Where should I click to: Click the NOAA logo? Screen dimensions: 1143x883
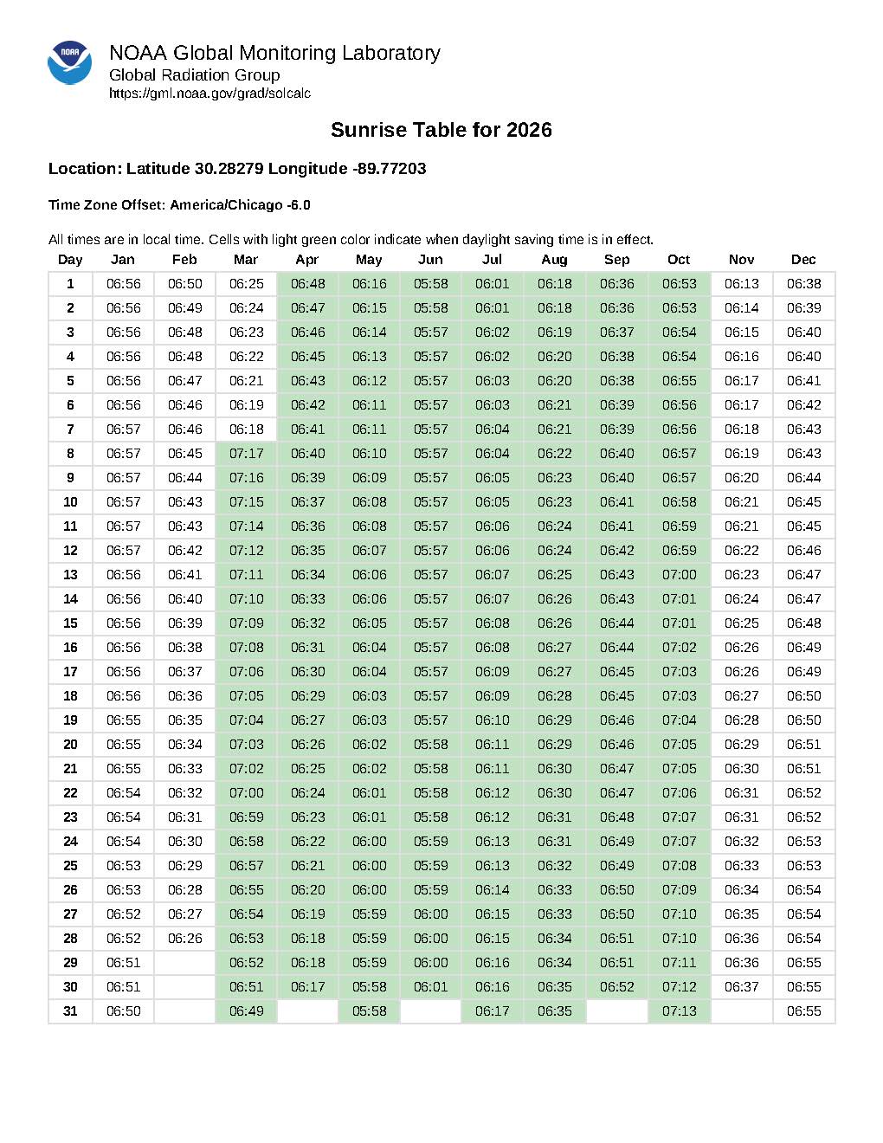click(69, 62)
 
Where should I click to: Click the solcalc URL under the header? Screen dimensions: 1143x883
click(209, 94)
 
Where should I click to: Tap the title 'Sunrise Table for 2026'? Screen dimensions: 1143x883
click(441, 130)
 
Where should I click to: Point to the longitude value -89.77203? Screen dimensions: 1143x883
click(389, 169)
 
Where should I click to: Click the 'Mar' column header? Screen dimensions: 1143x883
click(246, 260)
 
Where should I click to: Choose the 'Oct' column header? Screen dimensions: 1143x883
click(679, 260)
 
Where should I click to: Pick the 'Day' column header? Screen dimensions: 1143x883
click(70, 260)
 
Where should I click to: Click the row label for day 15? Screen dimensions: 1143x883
click(70, 623)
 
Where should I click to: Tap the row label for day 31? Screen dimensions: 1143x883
click(70, 1011)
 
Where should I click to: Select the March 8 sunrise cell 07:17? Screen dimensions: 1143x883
click(246, 454)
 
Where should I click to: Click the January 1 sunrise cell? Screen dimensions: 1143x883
click(123, 284)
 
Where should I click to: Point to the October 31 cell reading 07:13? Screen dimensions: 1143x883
click(679, 1011)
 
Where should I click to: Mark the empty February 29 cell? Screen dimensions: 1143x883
click(184, 963)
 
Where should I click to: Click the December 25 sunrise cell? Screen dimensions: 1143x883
click(803, 866)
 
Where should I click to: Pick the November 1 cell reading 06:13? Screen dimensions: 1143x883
click(741, 284)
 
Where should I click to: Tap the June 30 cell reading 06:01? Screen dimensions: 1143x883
click(430, 987)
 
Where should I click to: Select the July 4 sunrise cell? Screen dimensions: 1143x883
click(492, 357)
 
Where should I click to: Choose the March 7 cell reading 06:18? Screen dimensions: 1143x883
click(246, 429)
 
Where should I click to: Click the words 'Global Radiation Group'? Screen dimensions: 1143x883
click(194, 75)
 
